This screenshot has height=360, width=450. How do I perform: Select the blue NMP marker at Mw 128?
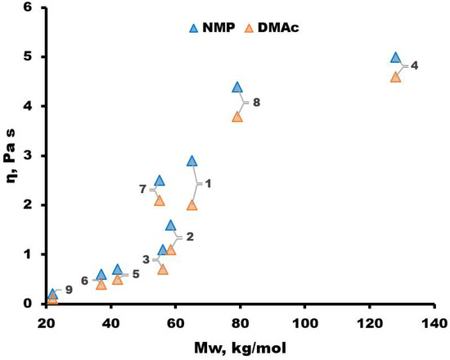pyautogui.click(x=396, y=58)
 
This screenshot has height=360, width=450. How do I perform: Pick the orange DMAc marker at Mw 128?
pyautogui.click(x=396, y=77)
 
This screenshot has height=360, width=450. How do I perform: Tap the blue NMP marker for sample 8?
pyautogui.click(x=237, y=88)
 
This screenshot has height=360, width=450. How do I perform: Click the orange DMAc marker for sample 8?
pyautogui.click(x=237, y=117)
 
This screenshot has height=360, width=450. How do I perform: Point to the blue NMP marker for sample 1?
pyautogui.click(x=192, y=161)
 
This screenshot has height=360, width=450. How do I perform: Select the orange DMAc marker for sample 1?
pyautogui.click(x=192, y=205)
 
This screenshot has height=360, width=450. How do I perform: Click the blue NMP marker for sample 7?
pyautogui.click(x=160, y=181)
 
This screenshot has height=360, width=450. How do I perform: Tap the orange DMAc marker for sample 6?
pyautogui.click(x=101, y=285)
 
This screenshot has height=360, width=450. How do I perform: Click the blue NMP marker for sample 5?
pyautogui.click(x=118, y=270)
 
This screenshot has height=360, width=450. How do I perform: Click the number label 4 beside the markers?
pyautogui.click(x=415, y=65)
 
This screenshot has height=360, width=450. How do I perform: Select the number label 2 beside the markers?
pyautogui.click(x=190, y=237)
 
